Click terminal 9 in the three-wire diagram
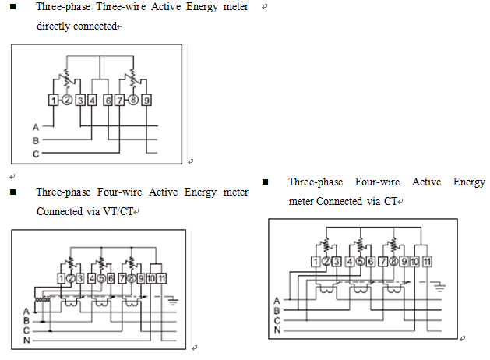147,100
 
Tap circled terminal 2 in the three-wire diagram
68,100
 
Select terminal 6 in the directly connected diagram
108,100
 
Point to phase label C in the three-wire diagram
36,154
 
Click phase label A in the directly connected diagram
36,126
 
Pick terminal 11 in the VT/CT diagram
160,277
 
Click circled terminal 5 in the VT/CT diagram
102,277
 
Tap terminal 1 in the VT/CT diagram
62,277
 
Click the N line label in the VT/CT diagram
26,339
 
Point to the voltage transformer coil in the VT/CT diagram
41,300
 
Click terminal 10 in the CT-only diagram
414,261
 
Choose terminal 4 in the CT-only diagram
349,261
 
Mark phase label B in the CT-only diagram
277,309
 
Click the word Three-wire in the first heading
108,7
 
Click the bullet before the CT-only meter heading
265,182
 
